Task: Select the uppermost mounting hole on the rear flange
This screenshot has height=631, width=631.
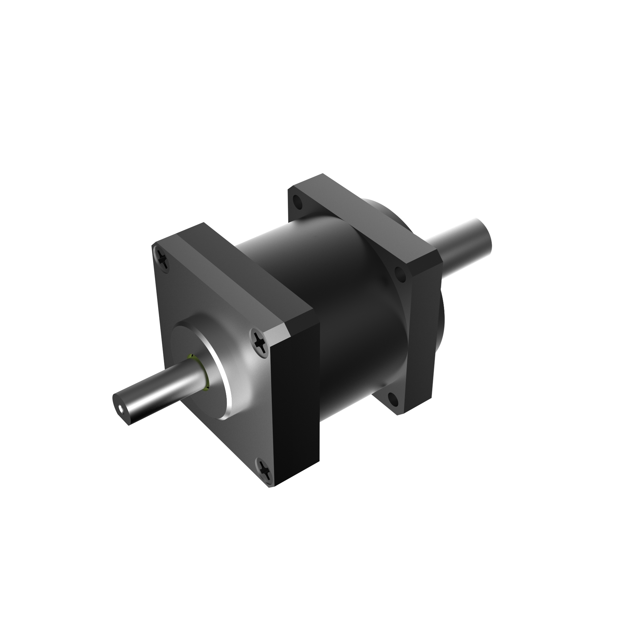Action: tap(298, 201)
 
